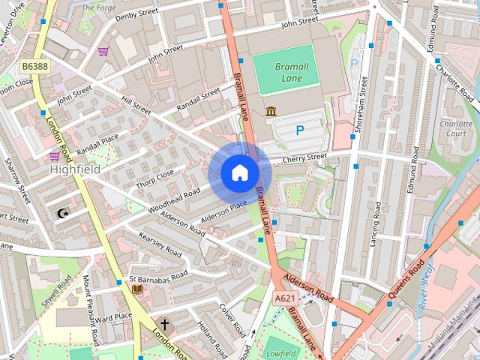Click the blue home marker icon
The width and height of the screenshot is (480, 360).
[239, 172]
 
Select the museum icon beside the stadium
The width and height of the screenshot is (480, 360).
[270, 112]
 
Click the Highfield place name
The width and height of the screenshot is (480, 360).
[75, 170]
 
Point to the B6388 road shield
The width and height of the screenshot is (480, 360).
[34, 67]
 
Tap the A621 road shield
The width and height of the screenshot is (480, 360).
[285, 298]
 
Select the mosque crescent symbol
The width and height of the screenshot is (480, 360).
[63, 214]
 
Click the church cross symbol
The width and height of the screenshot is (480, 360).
[164, 326]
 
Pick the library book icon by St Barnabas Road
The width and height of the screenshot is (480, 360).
[137, 289]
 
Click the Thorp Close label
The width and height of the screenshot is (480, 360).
[154, 178]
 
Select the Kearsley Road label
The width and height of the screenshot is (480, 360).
[160, 245]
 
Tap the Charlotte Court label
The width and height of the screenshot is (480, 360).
[455, 128]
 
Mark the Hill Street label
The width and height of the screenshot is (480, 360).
[136, 105]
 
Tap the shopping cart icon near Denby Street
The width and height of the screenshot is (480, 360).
[103, 51]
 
